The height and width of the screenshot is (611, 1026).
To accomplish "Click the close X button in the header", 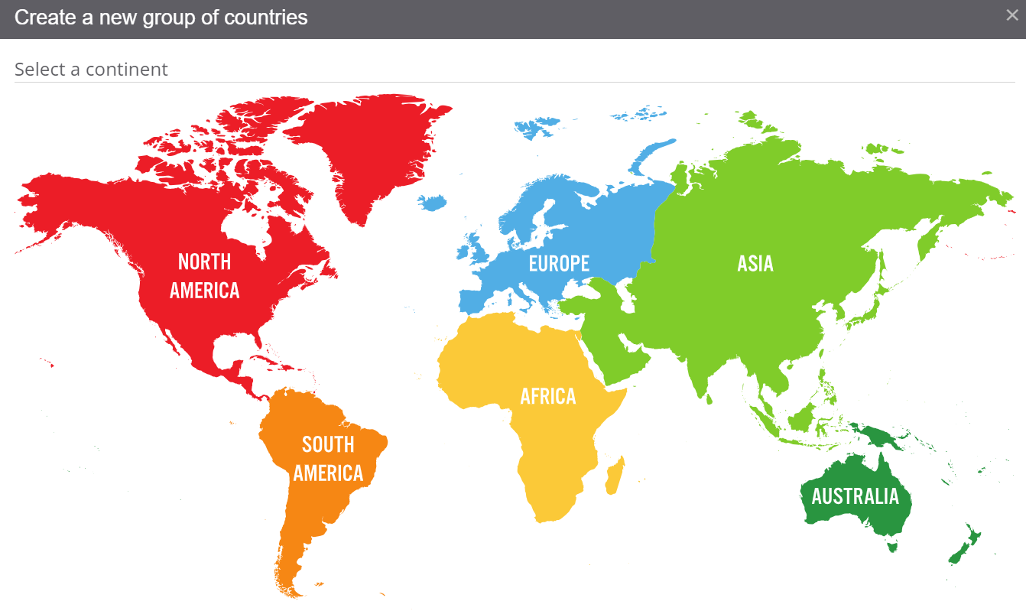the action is [x=1011, y=15].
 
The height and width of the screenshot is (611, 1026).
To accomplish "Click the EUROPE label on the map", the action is [x=559, y=264].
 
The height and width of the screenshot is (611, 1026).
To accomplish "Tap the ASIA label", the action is [x=755, y=264].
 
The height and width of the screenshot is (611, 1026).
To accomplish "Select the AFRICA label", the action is [x=547, y=396].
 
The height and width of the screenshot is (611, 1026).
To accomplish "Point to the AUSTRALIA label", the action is [x=855, y=497].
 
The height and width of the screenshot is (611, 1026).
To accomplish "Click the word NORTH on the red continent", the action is [x=204, y=262].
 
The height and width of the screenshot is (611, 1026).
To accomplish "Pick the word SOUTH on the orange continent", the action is [x=328, y=444].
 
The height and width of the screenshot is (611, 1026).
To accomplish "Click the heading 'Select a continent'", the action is [x=91, y=70].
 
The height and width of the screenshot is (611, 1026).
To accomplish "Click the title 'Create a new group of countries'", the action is [x=161, y=18].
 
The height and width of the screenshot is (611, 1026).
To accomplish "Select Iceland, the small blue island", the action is [x=433, y=202].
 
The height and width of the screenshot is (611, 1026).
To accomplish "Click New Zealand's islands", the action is [x=965, y=544].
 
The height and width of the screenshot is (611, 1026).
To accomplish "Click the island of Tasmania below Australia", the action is [x=891, y=545].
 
